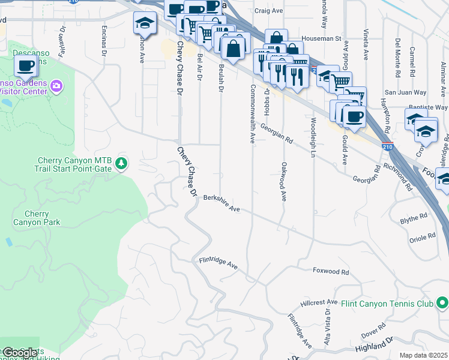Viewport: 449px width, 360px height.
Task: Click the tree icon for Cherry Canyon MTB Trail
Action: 121,163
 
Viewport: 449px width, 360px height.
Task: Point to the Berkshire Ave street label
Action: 221,203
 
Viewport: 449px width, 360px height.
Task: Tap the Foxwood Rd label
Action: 331,271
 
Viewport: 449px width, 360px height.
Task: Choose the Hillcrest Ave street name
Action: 320,302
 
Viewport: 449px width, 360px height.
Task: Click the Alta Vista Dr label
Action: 328,321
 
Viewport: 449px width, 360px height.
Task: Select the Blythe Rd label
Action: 414,219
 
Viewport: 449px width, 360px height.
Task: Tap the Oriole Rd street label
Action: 421,238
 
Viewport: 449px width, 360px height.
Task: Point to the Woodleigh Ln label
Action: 313,137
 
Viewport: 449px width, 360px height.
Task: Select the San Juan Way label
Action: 405,92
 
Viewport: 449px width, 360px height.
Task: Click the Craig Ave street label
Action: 268,10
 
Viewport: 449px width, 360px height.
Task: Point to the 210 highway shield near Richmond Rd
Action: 388,145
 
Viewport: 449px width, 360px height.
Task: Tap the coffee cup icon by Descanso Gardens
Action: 25,65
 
